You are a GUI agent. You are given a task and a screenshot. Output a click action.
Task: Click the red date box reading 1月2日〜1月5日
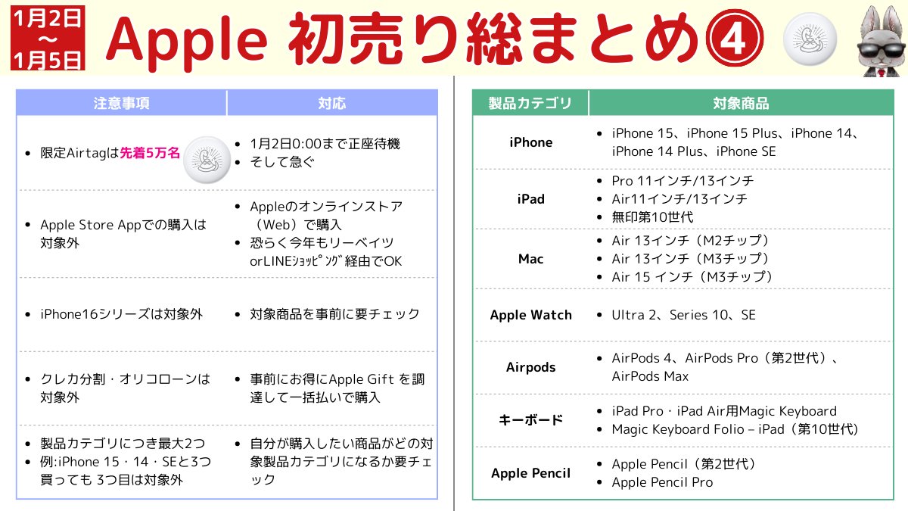(48, 38)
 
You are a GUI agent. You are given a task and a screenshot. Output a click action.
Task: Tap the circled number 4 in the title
(734, 38)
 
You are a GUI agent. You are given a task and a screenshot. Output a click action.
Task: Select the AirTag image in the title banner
(810, 39)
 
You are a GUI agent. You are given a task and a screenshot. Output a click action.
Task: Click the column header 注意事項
(121, 103)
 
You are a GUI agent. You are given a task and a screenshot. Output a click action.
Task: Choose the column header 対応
(332, 103)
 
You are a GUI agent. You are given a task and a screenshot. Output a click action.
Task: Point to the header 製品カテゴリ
(530, 103)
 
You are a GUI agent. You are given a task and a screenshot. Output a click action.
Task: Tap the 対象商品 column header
(741, 103)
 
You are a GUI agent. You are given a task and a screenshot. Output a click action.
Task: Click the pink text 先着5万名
(150, 153)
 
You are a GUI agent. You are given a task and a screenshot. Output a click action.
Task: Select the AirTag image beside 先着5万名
(207, 160)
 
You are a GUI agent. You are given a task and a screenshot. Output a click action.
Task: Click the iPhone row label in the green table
(530, 142)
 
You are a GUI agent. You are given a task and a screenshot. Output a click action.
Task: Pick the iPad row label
(530, 199)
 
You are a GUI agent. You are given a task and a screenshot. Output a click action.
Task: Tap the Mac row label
(530, 259)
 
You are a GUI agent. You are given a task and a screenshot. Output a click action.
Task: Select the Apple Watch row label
(530, 315)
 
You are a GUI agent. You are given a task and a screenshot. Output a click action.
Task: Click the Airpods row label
(530, 367)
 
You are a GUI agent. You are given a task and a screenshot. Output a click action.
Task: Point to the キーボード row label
(530, 419)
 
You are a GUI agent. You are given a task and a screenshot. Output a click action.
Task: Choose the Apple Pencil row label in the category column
(530, 473)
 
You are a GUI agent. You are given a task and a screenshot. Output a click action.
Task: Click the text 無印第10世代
(652, 217)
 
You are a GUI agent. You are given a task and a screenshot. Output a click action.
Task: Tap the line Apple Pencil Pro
(662, 482)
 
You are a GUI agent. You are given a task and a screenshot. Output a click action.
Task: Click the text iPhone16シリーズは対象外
(121, 314)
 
